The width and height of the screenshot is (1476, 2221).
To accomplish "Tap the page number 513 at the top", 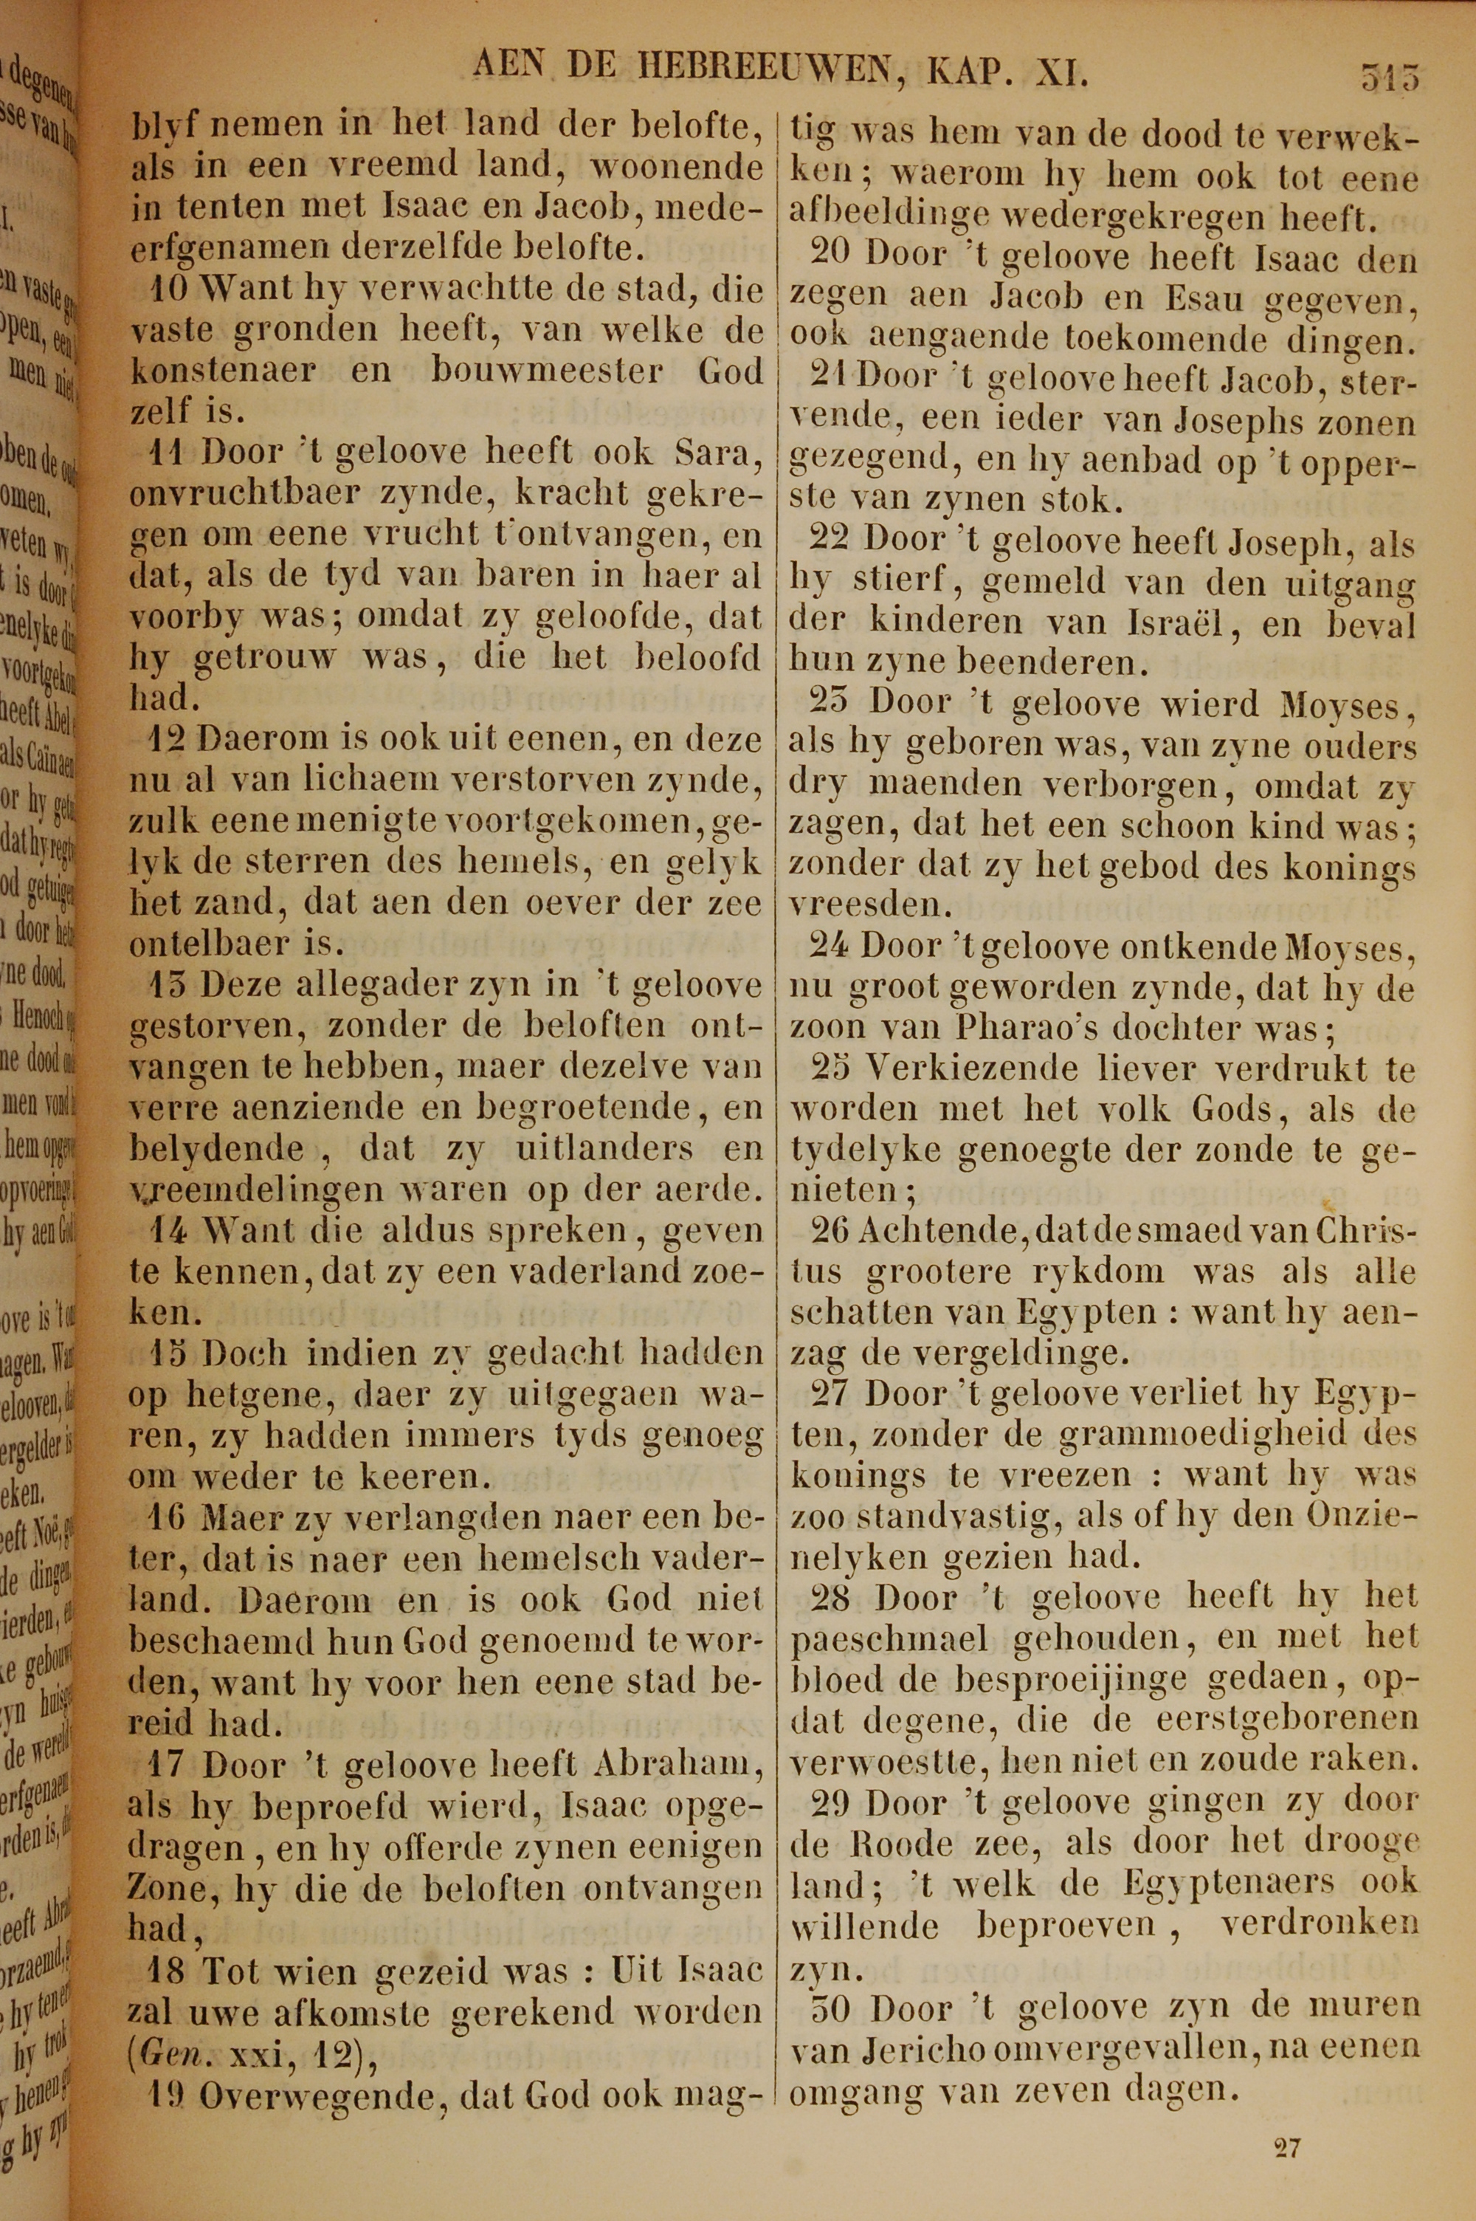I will [x=1388, y=75].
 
